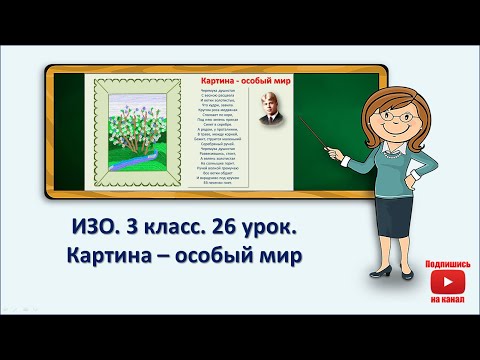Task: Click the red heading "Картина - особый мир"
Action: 240,77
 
